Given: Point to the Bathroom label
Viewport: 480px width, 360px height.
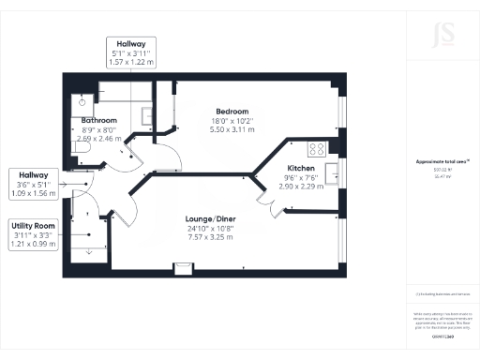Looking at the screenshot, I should tap(98, 121).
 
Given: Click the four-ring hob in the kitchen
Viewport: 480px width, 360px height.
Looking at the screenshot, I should tap(317, 147).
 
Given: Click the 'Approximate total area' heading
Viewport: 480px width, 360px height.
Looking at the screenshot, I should tap(441, 161).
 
